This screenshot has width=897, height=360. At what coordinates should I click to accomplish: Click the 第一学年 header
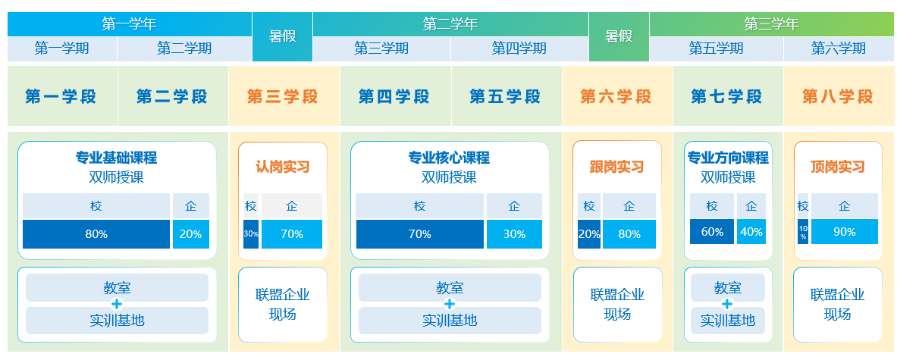pos(130,24)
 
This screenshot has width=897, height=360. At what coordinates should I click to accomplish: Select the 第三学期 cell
pos(381,49)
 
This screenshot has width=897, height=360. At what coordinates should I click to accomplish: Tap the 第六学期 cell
pos(838,49)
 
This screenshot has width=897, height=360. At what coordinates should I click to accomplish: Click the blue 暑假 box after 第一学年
pos(283,36)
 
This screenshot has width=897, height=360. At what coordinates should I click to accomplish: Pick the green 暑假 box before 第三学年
pos(619,36)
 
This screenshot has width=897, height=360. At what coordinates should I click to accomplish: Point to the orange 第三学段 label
pos(283,96)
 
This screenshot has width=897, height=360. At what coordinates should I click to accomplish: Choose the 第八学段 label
pos(838,96)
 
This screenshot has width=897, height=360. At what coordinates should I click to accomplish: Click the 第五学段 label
pos(505,96)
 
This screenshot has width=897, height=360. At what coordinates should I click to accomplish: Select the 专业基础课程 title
pos(116,157)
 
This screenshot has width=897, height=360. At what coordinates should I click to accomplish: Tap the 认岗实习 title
pos(283,167)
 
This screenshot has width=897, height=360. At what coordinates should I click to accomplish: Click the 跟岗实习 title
pos(616,167)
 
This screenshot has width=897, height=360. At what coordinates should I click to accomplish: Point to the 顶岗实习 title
pos(838,167)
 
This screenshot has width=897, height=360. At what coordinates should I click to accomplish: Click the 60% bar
pos(712,232)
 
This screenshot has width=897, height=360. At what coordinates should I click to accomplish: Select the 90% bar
pos(845,232)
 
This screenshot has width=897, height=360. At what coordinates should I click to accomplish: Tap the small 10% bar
pos(803,232)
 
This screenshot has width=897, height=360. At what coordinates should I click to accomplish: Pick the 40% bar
pos(751,232)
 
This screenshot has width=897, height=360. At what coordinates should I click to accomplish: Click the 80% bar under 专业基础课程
pos(96,234)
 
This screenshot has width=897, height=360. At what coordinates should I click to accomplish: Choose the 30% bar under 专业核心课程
pos(514,234)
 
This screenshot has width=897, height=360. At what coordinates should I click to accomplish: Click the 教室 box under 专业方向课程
pos(727,288)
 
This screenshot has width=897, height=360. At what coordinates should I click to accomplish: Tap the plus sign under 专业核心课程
pos(450,304)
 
